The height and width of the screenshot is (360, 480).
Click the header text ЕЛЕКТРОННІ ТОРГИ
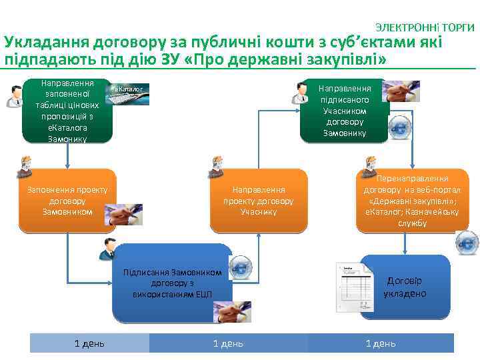425,27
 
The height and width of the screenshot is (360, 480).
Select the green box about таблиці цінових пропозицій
67,111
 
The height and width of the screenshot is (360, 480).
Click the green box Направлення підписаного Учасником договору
344,111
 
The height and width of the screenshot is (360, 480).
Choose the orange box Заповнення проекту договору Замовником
67,201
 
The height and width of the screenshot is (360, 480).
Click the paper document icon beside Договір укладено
352,287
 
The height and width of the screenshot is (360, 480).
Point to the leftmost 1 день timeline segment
89,343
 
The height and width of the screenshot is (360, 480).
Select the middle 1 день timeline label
228,343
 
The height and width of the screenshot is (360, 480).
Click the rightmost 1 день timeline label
381,343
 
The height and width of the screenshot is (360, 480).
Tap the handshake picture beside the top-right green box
401,91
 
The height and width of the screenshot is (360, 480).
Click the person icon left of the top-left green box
13,97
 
